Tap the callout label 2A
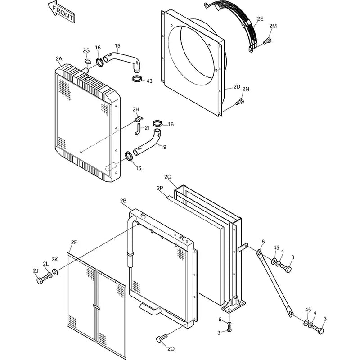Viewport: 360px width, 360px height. [59, 59]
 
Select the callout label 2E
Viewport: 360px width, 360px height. [260, 18]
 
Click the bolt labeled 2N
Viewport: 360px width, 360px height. [239, 103]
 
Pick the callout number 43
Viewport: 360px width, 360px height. [149, 81]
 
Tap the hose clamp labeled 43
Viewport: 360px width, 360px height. [137, 80]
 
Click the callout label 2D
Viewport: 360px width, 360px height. [237, 87]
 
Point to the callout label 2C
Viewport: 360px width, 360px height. [168, 177]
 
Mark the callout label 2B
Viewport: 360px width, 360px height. [123, 200]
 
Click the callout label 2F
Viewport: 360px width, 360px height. [74, 243]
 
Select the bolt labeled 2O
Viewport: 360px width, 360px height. [161, 338]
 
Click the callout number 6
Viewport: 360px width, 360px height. [263, 242]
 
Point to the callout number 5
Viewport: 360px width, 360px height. [220, 319]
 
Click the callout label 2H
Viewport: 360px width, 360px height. [136, 109]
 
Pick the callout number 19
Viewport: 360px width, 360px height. [163, 146]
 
